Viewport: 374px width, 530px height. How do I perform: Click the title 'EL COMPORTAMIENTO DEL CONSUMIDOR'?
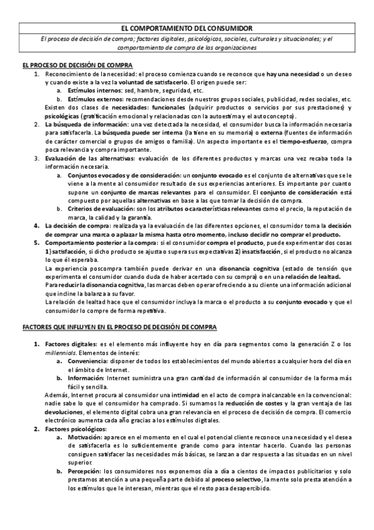[187, 28]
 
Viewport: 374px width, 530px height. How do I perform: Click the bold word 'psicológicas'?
[62, 116]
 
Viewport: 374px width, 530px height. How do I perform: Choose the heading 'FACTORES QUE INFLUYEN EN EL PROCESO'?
[119, 327]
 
